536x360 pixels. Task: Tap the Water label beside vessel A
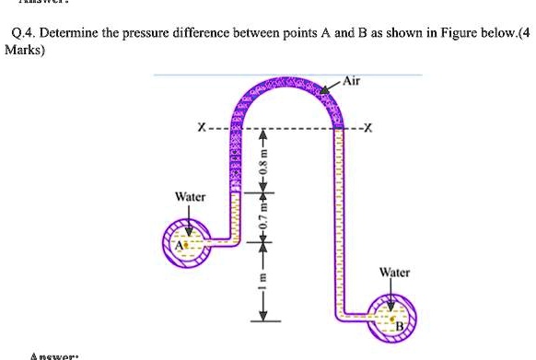pyautogui.click(x=190, y=197)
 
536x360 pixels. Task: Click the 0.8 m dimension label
pyautogui.click(x=262, y=169)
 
